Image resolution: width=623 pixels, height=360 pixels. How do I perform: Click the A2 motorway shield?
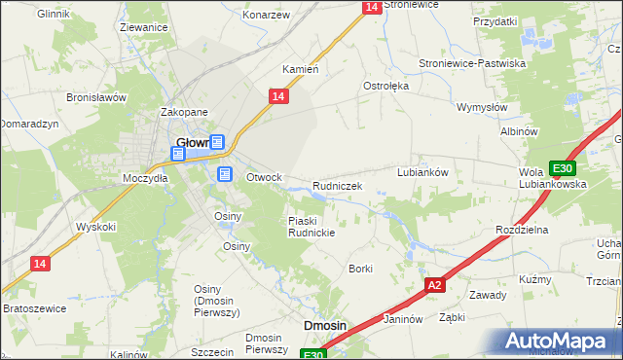click(x=435, y=285)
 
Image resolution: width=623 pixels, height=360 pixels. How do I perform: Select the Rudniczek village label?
click(x=338, y=186)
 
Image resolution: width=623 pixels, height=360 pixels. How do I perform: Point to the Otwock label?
click(x=264, y=178)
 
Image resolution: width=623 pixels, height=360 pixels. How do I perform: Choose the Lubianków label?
click(x=422, y=172)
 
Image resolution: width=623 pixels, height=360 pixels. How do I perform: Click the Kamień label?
click(x=301, y=70)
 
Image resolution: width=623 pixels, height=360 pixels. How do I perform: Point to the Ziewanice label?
click(x=143, y=28)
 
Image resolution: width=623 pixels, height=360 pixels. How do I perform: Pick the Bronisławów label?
click(x=97, y=97)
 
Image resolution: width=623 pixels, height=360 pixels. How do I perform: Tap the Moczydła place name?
click(x=145, y=178)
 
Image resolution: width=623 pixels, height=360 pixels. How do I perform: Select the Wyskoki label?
click(x=96, y=227)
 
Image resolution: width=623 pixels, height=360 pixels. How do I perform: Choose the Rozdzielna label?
click(x=523, y=229)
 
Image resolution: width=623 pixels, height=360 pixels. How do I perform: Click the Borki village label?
click(x=361, y=268)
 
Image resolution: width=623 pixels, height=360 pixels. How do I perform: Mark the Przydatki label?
click(x=495, y=20)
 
